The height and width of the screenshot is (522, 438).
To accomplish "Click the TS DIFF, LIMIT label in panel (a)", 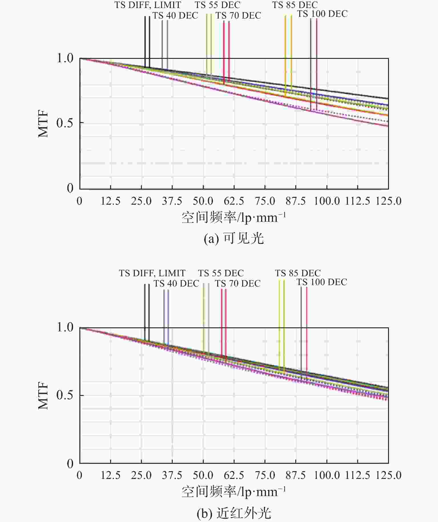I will point(148,5).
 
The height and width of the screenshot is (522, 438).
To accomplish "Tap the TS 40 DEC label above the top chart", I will point(175,15).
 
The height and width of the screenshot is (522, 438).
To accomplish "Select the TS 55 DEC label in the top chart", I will point(218,5).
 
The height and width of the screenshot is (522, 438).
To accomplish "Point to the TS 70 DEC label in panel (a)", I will point(238,15).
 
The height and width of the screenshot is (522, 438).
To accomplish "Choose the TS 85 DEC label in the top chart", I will point(295,5).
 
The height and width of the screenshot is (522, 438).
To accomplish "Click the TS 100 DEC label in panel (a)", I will point(322,14).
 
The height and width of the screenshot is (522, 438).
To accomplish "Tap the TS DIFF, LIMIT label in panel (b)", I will point(152,273).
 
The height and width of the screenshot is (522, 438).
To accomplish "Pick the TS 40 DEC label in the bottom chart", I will point(176,283).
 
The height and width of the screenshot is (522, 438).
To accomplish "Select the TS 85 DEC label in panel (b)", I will point(298,273).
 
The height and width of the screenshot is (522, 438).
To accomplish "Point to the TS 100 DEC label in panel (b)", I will point(322,282).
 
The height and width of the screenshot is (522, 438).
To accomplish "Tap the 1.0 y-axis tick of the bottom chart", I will point(65,327).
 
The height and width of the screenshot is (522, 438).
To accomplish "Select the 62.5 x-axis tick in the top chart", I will point(234,201).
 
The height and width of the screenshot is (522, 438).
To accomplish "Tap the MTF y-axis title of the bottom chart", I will point(43,396).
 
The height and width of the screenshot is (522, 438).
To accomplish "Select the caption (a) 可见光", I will point(234,238).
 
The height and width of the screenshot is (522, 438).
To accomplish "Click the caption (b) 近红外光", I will point(234,513).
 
